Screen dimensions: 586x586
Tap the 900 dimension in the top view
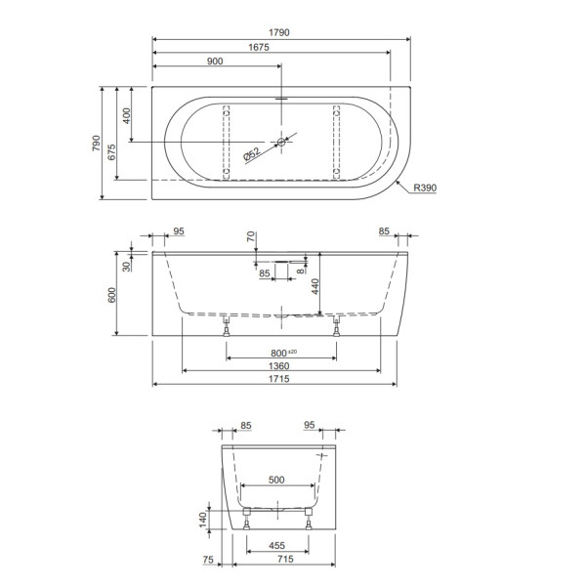click(x=215, y=62)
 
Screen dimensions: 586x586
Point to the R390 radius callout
click(x=425, y=188)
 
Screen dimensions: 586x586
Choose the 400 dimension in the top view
click(x=126, y=115)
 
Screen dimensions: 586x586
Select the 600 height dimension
click(x=111, y=294)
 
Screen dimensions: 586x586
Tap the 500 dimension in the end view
click(x=277, y=480)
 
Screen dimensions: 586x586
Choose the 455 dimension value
click(x=276, y=546)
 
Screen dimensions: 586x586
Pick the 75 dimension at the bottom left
click(x=207, y=560)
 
